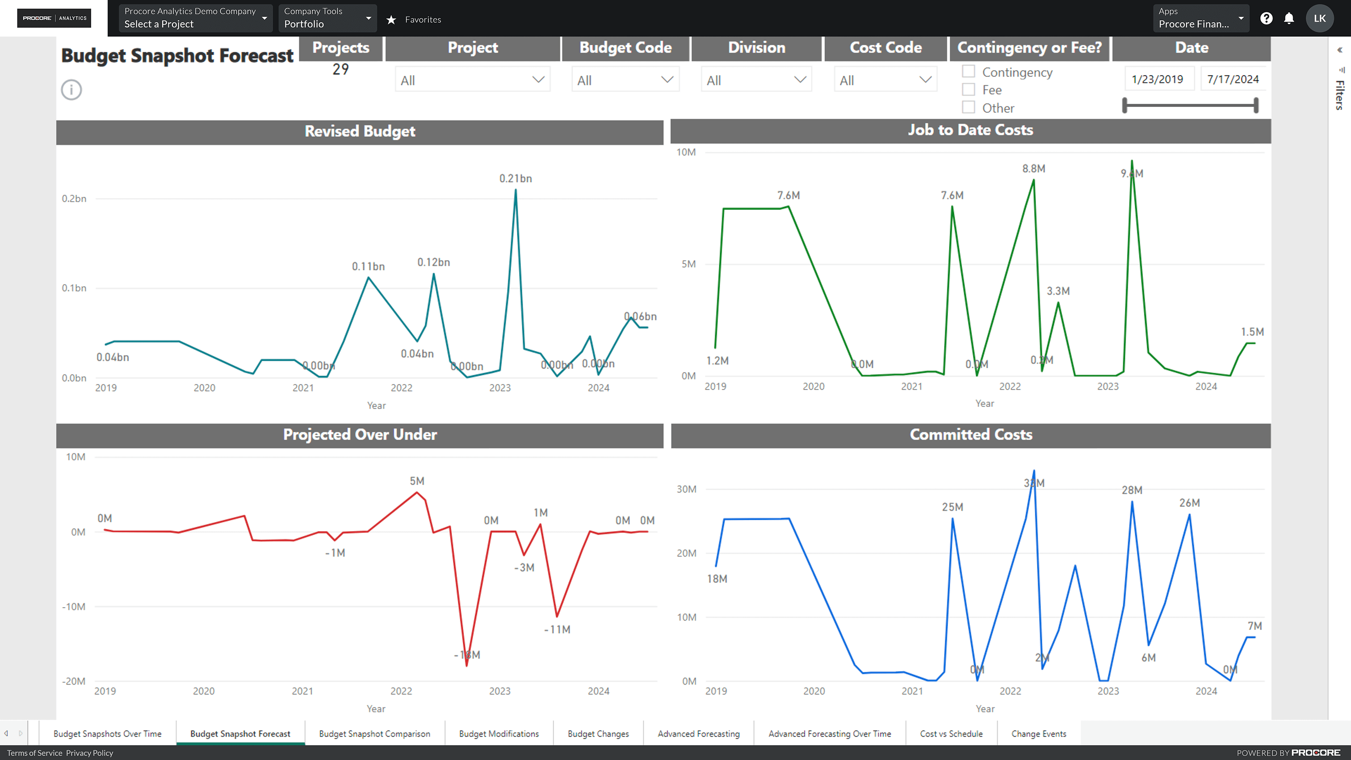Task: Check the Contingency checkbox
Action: click(x=968, y=71)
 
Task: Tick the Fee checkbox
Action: click(x=968, y=90)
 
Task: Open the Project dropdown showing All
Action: click(x=472, y=80)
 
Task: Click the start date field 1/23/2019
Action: click(x=1157, y=79)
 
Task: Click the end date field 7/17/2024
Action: click(x=1233, y=79)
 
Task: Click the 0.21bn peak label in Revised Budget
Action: click(x=515, y=178)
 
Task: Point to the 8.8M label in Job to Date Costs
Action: click(x=1033, y=168)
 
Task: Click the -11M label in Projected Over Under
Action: click(x=557, y=630)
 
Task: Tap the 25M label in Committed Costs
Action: click(x=952, y=507)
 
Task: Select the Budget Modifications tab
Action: click(x=498, y=734)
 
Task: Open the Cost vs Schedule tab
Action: click(x=951, y=734)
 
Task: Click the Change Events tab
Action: click(x=1038, y=734)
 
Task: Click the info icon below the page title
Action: click(x=71, y=90)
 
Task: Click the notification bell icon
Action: click(x=1288, y=18)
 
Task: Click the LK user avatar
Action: click(x=1320, y=18)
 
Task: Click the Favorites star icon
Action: click(x=391, y=19)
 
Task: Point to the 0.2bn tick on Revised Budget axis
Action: click(x=74, y=199)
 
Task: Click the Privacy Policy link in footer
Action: click(x=89, y=753)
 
